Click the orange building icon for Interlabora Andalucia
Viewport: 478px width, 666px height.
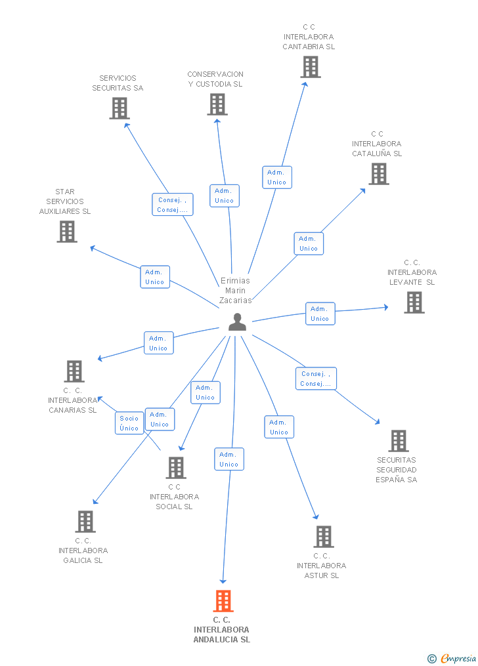pos(223,600)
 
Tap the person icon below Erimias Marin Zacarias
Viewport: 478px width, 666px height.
pos(237,322)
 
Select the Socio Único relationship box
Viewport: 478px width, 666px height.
pos(129,423)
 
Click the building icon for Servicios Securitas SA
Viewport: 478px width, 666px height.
pos(119,108)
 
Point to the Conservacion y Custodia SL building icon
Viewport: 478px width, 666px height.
pos(217,104)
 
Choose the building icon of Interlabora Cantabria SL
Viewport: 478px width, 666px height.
pos(311,67)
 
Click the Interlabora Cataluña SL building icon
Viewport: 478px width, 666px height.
pos(379,174)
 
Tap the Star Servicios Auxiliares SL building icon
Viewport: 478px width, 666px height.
pos(67,232)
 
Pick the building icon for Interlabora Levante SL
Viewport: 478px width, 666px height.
pos(414,302)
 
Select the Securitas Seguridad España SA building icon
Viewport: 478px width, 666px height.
pos(399,440)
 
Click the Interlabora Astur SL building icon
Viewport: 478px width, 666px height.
pos(324,537)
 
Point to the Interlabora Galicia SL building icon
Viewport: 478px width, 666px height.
pos(85,521)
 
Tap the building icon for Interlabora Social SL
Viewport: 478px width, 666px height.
pos(176,468)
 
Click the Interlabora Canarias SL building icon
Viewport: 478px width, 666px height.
pos(74,371)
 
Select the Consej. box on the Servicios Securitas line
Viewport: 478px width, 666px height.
pos(173,204)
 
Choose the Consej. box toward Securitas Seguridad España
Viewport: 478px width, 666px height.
pos(316,379)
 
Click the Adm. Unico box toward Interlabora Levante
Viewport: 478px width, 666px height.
pos(320,314)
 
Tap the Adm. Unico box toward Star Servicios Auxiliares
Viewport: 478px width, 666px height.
pos(155,277)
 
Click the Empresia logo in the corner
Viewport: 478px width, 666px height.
pos(452,659)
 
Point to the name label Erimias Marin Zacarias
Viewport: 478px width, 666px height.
pos(235,291)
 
